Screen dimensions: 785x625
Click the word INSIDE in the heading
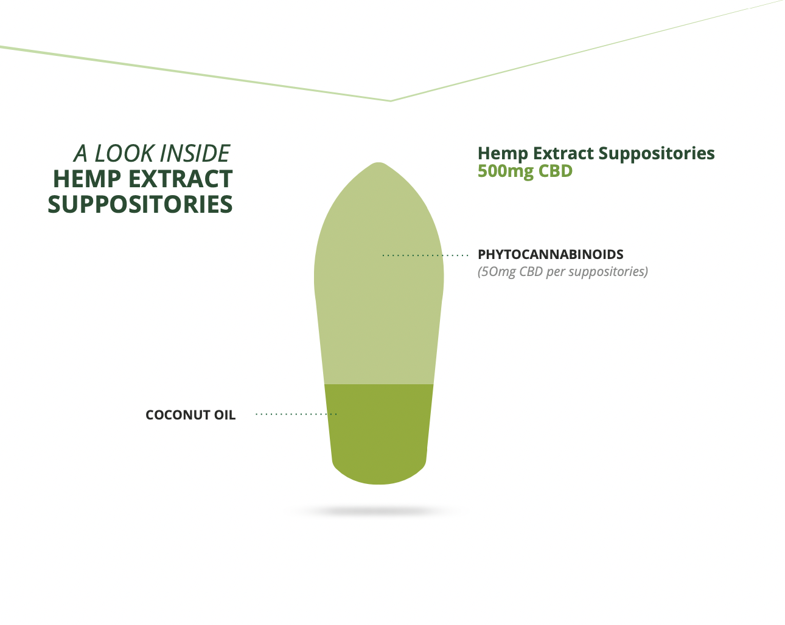click(195, 153)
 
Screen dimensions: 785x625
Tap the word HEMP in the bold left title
click(87, 179)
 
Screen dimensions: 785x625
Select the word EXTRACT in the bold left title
click(181, 179)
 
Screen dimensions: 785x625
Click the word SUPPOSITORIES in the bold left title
click(140, 204)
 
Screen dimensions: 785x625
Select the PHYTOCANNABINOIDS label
click(551, 254)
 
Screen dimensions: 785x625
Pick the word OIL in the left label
click(225, 415)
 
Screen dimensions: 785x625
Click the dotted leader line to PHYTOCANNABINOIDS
click(425, 255)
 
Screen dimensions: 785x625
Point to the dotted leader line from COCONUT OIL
click(296, 414)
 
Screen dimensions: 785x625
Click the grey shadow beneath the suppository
click(375, 511)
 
